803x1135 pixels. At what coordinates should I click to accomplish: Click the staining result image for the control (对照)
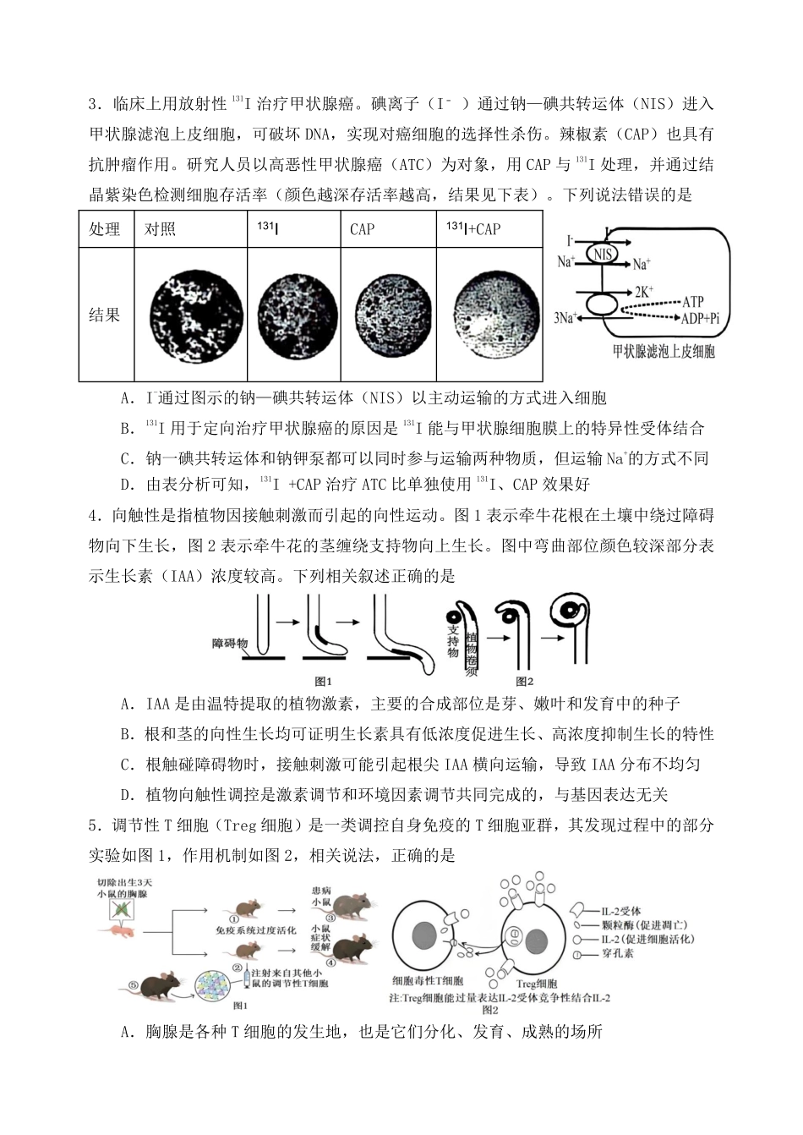click(189, 315)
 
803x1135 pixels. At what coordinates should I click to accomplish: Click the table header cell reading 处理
click(105, 229)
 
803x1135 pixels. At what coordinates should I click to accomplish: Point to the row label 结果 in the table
click(105, 315)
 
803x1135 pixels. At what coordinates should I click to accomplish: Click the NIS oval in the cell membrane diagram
click(603, 254)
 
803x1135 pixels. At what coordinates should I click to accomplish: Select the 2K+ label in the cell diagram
click(644, 290)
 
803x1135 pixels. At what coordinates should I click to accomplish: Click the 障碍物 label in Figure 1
click(230, 643)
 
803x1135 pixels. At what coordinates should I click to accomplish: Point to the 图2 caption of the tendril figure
click(525, 680)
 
